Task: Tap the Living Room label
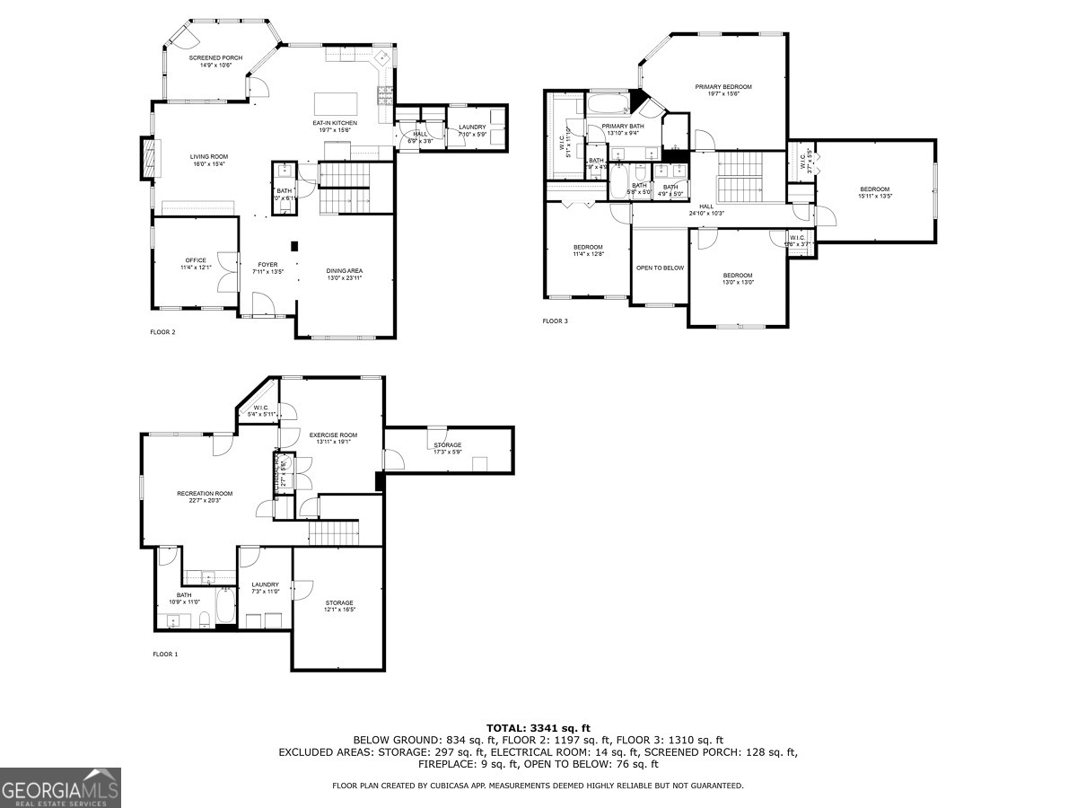[208, 160]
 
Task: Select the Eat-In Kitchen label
[334, 126]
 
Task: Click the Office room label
[196, 264]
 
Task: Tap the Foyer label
[267, 267]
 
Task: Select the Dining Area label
[344, 274]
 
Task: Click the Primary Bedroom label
[722, 91]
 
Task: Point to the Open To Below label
[660, 268]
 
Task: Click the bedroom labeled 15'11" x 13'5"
[874, 192]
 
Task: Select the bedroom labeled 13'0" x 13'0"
[738, 278]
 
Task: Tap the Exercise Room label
[333, 438]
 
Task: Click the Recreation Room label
[205, 496]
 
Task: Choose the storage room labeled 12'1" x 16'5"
[339, 606]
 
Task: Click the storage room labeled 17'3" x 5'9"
[447, 449]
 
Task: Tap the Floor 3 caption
[555, 321]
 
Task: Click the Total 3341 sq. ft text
[538, 728]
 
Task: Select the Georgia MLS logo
[60, 787]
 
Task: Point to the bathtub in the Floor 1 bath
[225, 607]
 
